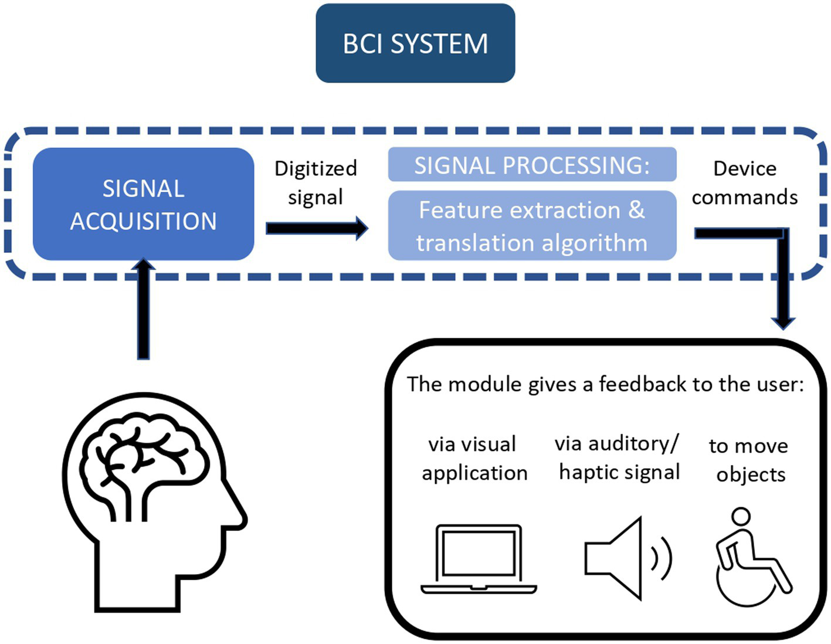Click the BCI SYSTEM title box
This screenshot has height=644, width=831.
pos(415,43)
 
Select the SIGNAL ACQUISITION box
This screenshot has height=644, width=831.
pos(143,204)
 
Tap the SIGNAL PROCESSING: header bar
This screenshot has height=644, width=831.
pos(532,165)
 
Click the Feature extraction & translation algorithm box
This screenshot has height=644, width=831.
pos(532,226)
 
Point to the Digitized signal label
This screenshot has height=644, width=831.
pos(316,182)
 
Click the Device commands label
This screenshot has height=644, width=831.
pos(745,182)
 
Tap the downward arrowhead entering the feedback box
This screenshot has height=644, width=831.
pos(783,322)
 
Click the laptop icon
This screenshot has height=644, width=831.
pos(479,560)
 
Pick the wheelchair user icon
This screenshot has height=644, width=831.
pos(751,557)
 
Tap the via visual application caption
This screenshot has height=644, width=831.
pos(474,458)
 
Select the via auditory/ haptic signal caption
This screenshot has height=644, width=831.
pos(619,457)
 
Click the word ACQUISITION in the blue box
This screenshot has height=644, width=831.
pos(143,221)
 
